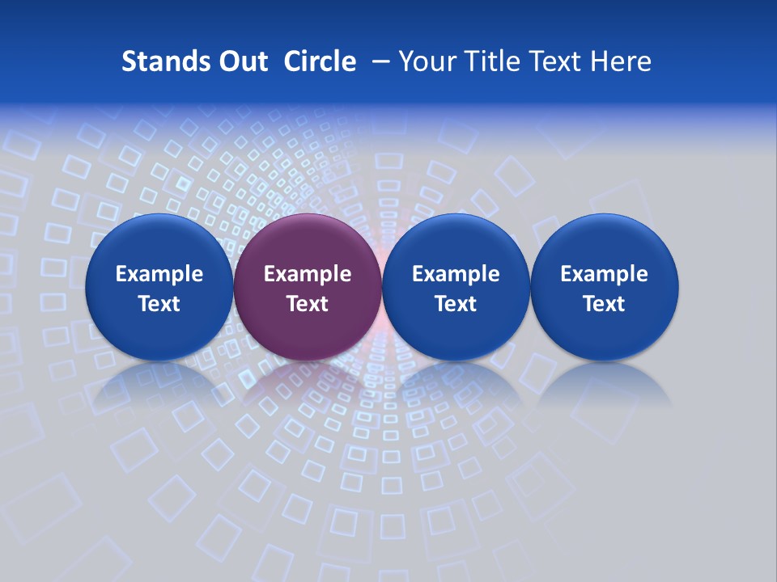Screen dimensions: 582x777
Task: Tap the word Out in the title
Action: click(241, 61)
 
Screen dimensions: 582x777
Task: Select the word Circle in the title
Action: click(320, 61)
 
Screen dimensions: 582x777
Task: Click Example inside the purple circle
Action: click(308, 274)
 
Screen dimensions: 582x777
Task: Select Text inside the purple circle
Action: click(308, 304)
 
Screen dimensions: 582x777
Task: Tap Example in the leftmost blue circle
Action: click(159, 274)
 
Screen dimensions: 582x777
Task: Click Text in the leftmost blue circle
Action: click(159, 304)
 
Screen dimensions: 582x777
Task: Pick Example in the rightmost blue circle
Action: click(605, 274)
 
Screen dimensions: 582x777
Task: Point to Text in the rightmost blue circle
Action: click(605, 304)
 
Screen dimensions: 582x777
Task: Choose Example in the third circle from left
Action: click(456, 274)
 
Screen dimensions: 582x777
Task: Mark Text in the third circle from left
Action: click(456, 304)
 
